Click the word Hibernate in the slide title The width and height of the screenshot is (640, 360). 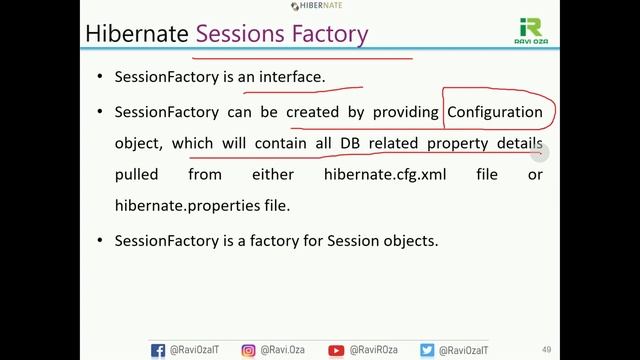pos(137,33)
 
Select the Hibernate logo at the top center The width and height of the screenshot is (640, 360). pos(321,6)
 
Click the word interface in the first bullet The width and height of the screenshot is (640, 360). pos(290,76)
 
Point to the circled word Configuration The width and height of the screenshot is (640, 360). pos(495,112)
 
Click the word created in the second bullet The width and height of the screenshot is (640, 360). pos(312,112)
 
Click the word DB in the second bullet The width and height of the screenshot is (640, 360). pos(350,143)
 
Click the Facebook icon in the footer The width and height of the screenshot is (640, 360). pos(158,350)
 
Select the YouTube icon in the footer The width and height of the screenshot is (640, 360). pos(337,350)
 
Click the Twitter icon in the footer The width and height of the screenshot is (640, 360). pos(427,350)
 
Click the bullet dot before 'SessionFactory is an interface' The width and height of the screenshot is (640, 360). pos(99,77)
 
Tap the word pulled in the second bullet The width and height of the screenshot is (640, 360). pos(137,174)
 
